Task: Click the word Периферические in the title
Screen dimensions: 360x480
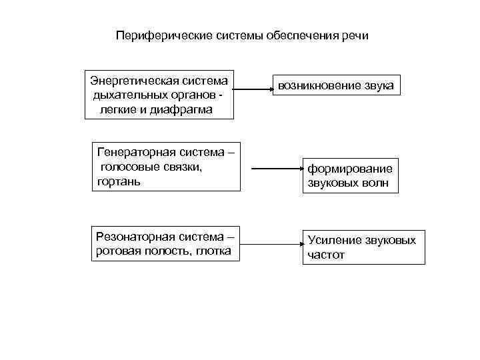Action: (x=157, y=35)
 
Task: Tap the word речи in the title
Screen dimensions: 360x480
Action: (x=353, y=35)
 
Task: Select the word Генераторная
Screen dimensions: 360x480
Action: (x=139, y=153)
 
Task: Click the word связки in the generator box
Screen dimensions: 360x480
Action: (x=182, y=167)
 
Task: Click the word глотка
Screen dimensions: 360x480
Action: (x=213, y=251)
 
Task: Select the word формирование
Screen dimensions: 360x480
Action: (x=349, y=169)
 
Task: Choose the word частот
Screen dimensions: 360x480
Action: (x=326, y=254)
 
